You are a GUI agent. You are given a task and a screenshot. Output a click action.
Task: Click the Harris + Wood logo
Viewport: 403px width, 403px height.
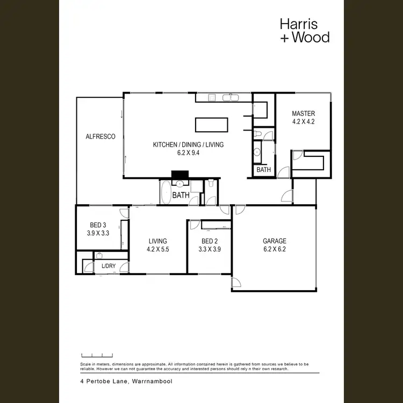tap(304, 31)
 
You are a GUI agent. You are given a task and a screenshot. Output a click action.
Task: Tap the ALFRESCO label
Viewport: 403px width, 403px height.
tap(100, 137)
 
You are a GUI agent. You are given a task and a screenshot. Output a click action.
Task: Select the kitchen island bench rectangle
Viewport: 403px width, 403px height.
tap(211, 125)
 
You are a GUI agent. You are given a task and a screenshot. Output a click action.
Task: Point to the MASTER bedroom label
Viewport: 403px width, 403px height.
tap(303, 113)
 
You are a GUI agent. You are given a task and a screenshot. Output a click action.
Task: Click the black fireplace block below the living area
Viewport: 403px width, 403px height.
tap(178, 175)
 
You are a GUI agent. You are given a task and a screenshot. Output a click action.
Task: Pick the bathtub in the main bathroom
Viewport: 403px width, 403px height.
tap(165, 192)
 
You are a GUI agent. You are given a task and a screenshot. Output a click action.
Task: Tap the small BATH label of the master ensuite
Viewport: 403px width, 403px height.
tap(264, 170)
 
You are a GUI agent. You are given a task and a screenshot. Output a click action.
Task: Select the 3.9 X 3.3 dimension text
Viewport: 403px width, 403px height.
tap(98, 234)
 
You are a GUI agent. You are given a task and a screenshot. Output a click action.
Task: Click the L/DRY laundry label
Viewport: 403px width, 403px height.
tap(108, 266)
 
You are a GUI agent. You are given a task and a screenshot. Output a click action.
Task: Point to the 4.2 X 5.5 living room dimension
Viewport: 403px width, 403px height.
tap(158, 249)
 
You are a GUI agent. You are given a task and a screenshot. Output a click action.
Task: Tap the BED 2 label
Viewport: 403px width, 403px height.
tap(210, 241)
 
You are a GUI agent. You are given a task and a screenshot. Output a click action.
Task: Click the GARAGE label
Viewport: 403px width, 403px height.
tap(274, 241)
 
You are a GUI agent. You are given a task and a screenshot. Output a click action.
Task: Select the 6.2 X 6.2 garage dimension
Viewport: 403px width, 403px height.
tap(274, 249)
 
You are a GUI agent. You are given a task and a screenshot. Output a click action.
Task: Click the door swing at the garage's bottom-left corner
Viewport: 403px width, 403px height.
tap(236, 283)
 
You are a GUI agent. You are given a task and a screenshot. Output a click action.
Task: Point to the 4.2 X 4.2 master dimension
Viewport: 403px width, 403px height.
tap(303, 121)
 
